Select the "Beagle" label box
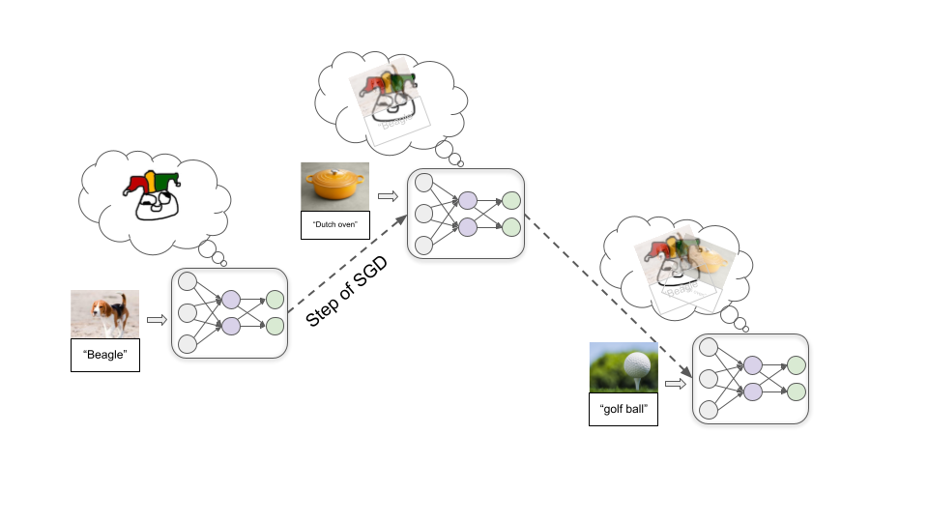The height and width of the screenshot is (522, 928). tap(105, 355)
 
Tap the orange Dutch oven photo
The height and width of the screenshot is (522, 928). tap(335, 186)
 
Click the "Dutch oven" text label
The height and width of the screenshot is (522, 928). tap(335, 224)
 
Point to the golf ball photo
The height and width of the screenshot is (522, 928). tap(623, 367)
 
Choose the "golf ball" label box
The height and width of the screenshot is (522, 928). tap(623, 410)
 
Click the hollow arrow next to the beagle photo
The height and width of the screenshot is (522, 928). tap(157, 318)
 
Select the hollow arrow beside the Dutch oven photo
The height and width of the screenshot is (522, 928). tap(388, 196)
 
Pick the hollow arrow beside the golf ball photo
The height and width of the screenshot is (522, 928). tap(677, 384)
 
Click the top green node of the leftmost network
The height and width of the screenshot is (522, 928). tap(275, 300)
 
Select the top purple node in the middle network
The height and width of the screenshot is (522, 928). tap(468, 201)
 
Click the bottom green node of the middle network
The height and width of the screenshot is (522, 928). tap(510, 227)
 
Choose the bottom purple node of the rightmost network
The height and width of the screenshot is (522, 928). tap(752, 391)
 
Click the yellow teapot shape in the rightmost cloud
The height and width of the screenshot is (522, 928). tap(710, 260)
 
